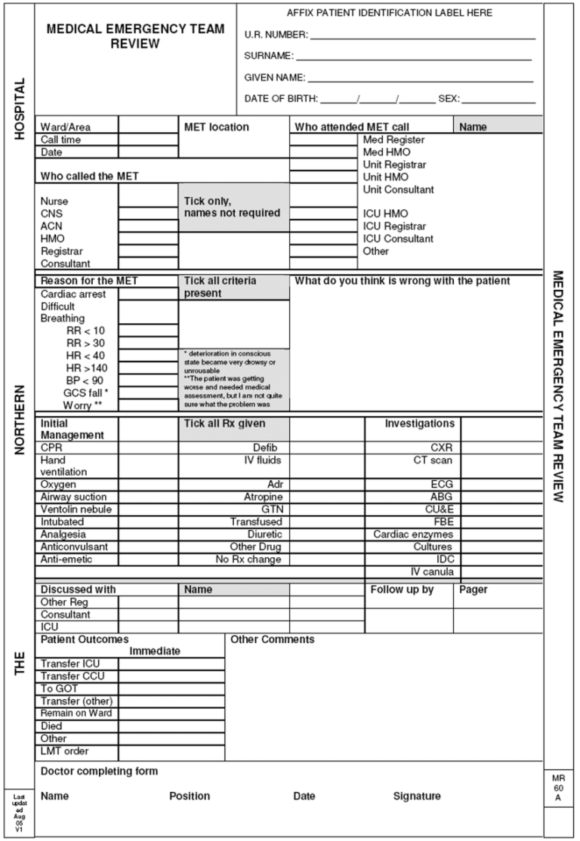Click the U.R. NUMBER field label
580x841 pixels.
276,35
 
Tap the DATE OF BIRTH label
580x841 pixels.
281,99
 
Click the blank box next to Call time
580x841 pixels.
148,140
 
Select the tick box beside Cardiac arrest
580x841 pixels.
148,294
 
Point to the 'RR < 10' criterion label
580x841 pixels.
86,330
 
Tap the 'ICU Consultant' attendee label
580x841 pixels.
398,239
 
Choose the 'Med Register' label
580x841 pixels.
393,140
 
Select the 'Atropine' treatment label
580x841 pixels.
262,497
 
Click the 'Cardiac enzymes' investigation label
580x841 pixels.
413,534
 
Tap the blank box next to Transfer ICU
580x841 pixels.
171,664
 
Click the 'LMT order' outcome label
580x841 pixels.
64,750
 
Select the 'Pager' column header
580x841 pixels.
474,590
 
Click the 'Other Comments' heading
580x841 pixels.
272,639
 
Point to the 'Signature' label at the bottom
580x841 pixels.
417,796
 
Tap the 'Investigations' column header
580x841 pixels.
419,424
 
